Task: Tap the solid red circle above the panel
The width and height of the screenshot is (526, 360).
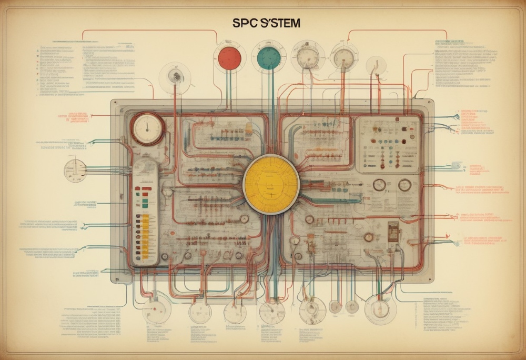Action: (229, 57)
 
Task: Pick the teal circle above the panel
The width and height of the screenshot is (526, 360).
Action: (269, 57)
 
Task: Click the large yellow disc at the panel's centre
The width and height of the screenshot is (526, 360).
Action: (271, 184)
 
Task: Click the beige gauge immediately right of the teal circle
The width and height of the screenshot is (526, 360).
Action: (308, 58)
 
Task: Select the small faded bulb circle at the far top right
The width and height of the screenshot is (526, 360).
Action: (376, 66)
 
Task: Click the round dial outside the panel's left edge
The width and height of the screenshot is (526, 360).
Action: (75, 171)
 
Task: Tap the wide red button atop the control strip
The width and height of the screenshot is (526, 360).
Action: (144, 186)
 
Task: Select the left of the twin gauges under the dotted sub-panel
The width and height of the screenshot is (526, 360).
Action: (379, 185)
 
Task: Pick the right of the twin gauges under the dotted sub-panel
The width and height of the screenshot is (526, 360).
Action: (404, 185)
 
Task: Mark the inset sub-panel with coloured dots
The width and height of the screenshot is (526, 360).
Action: (388, 144)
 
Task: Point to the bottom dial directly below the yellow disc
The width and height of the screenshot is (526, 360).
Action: (271, 312)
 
